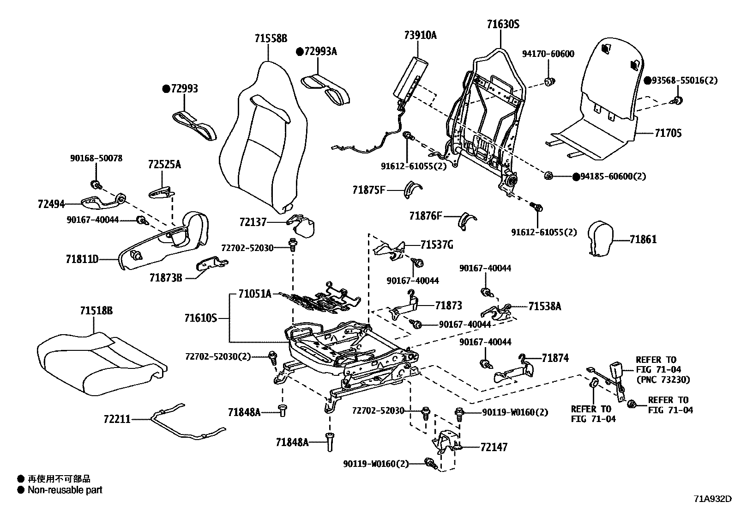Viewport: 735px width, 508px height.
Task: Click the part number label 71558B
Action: [271, 38]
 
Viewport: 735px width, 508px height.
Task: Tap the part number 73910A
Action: [420, 35]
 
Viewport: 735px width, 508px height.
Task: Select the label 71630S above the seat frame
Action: [503, 24]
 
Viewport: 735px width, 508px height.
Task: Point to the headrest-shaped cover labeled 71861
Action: [600, 238]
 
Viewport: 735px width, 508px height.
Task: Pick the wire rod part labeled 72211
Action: [188, 422]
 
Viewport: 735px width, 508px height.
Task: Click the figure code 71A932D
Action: [712, 498]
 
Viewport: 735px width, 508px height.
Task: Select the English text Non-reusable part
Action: [65, 490]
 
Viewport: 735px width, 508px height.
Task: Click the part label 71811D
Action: [82, 259]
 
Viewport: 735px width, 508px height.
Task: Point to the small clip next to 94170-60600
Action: [549, 81]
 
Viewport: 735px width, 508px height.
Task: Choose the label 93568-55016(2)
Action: [685, 80]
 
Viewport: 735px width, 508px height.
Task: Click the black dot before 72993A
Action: [300, 52]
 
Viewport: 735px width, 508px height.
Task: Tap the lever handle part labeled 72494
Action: [103, 201]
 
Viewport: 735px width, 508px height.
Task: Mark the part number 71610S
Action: [200, 318]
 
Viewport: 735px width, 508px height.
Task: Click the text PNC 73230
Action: [663, 379]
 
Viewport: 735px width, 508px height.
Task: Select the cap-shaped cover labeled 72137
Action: [301, 225]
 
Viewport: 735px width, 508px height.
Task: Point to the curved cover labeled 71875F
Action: [412, 190]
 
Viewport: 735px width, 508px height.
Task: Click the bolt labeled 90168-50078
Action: [96, 185]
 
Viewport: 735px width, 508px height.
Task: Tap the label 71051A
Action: [255, 294]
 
